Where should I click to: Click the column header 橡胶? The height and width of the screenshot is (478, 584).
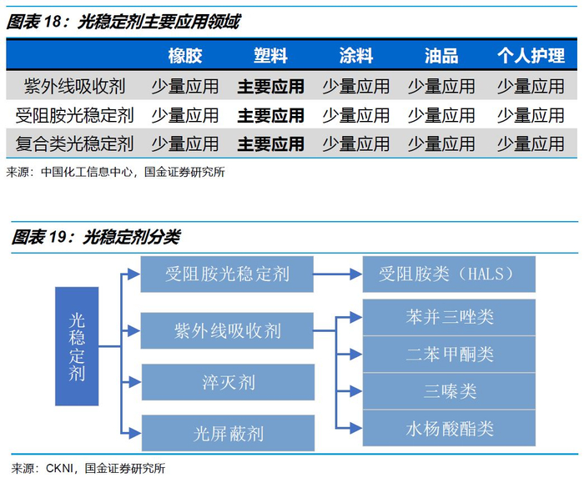point(185,56)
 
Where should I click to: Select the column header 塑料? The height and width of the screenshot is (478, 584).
point(270,56)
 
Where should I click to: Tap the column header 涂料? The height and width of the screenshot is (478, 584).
point(356,56)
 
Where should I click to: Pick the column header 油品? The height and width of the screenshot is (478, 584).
point(441,56)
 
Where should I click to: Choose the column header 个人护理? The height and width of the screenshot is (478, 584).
point(531,56)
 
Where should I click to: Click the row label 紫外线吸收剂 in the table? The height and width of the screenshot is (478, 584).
point(75,86)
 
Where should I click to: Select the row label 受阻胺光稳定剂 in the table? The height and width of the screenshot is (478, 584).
point(75,115)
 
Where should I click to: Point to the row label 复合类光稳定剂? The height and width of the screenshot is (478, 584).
point(75,143)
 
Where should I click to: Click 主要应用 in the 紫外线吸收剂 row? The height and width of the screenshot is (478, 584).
point(270,86)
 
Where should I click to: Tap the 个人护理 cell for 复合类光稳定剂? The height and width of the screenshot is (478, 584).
point(531,143)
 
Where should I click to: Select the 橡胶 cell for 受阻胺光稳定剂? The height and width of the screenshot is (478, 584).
point(185,115)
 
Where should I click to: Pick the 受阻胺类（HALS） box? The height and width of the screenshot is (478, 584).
point(450,274)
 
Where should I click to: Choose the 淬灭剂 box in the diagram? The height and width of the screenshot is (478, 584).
point(228,383)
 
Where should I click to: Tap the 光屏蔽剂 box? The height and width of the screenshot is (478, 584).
point(228,433)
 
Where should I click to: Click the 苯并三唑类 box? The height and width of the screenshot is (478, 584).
point(450,318)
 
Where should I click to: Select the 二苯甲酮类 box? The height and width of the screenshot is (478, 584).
point(450,355)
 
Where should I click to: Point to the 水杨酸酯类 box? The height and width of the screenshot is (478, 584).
point(450,429)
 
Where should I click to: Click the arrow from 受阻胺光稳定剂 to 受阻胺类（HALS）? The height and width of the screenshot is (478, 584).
point(338,273)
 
